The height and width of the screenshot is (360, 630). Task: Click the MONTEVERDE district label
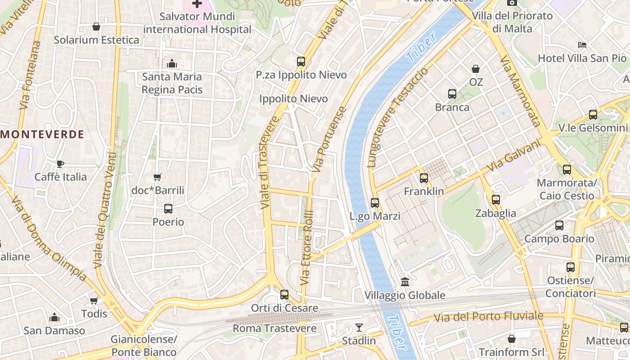43,134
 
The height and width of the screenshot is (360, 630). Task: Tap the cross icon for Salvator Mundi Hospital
197,4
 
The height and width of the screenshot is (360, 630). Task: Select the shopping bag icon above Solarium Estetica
96,27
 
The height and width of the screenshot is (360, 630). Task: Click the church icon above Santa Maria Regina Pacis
171,63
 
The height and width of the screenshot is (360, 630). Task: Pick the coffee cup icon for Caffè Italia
60,164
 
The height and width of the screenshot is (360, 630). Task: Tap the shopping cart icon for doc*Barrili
157,177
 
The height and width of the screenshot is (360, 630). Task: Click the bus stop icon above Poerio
168,209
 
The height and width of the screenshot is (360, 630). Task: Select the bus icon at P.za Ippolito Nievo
301,62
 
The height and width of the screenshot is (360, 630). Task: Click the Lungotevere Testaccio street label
398,118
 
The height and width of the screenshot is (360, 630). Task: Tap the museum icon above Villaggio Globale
405,282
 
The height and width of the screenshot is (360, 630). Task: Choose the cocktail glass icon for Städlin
359,328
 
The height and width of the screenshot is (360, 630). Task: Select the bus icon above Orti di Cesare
284,295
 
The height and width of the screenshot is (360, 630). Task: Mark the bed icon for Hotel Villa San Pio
582,45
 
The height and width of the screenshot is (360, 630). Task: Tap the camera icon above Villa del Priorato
511,3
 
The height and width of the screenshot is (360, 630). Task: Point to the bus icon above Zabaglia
495,200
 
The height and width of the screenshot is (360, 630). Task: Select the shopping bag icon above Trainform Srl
511,338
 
